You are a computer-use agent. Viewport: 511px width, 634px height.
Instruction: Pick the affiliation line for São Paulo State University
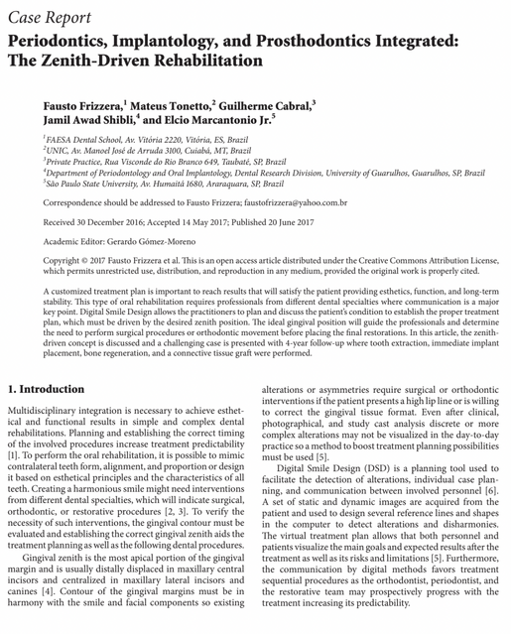[x=153, y=183]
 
